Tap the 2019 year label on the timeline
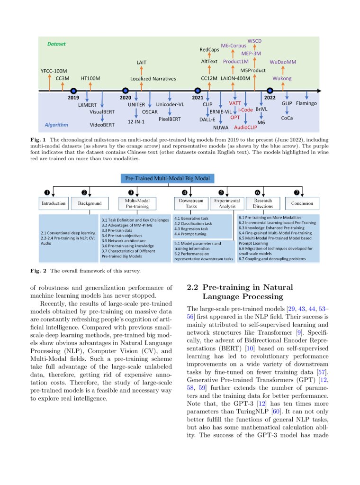[73, 97]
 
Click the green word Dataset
[56, 44]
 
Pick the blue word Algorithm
[56, 125]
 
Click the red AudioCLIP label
[245, 127]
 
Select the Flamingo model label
[307, 103]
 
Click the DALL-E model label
[207, 119]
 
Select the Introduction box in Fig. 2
[54, 203]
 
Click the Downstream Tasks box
[188, 203]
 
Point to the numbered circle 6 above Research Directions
[258, 192]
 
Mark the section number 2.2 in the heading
[194, 287]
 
